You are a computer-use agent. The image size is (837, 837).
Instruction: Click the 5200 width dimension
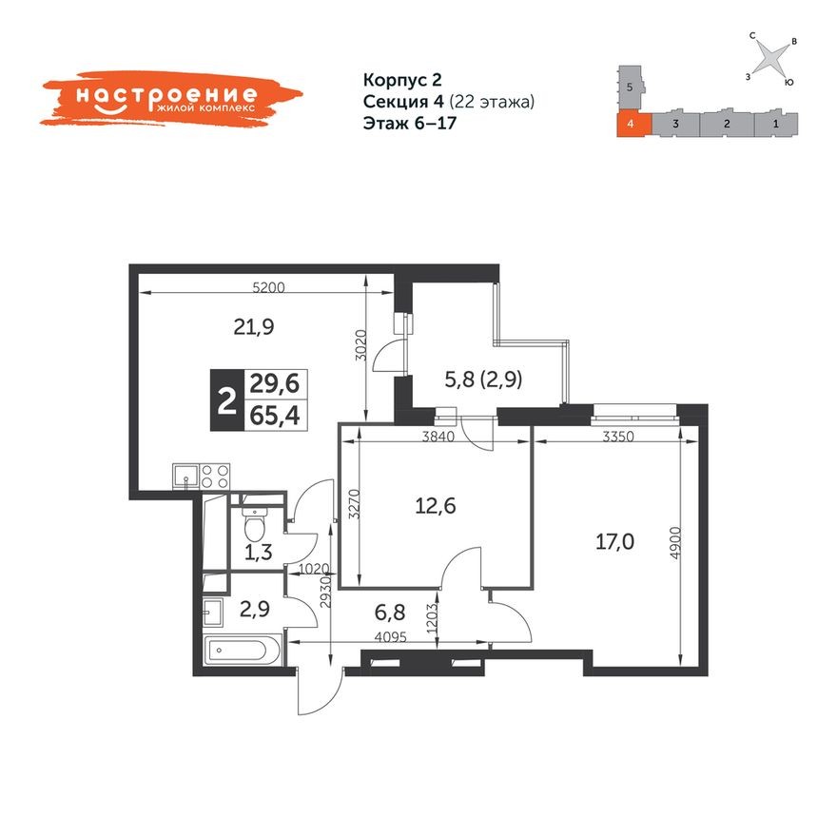point(269,286)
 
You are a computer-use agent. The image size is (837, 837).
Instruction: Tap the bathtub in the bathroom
point(242,653)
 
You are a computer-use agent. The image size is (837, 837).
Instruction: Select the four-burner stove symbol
point(216,476)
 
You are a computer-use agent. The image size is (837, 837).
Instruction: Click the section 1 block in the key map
point(776,124)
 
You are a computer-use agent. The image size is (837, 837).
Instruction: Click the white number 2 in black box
point(225,401)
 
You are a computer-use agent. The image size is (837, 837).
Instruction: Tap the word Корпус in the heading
point(390,80)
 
